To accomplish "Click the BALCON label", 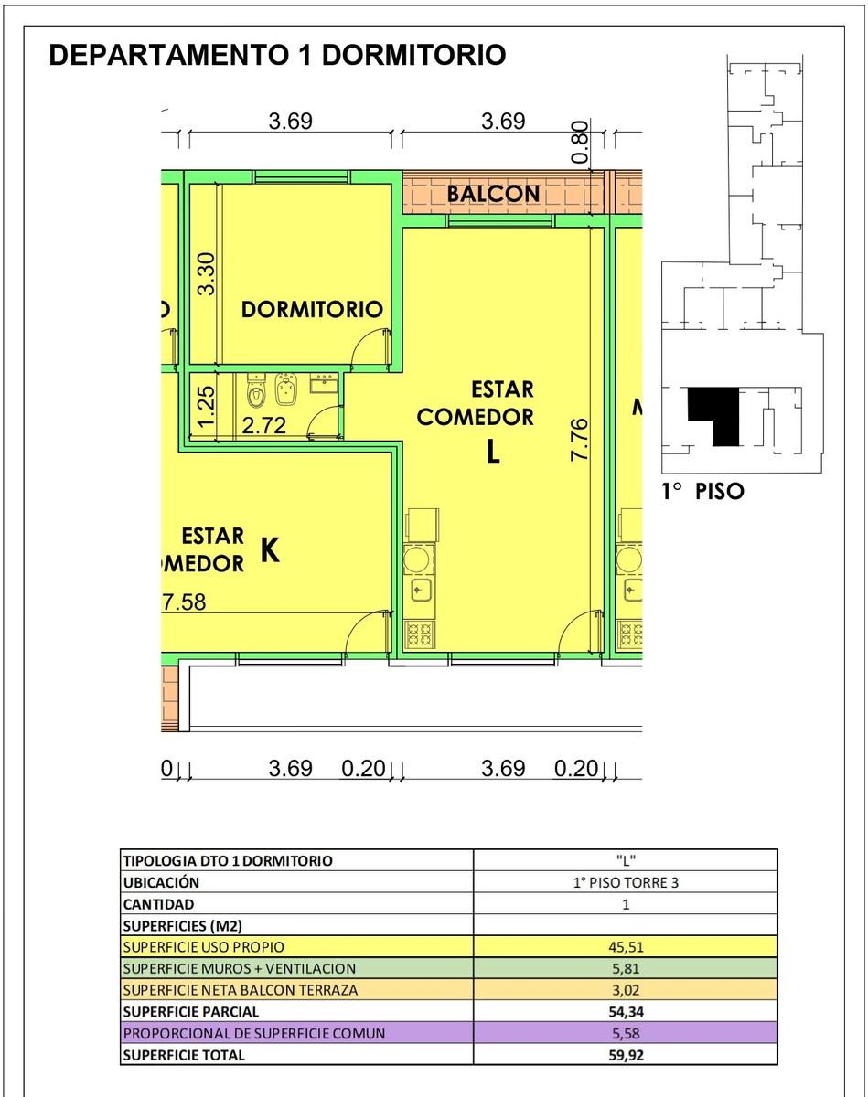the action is pyautogui.click(x=493, y=194).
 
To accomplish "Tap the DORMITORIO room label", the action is pyautogui.click(x=312, y=309).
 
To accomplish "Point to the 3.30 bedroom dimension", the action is pyautogui.click(x=207, y=273).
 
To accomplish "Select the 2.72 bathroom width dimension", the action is pyautogui.click(x=263, y=425).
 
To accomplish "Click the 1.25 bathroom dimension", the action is pyautogui.click(x=206, y=407).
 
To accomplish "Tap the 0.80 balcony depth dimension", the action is pyautogui.click(x=580, y=142).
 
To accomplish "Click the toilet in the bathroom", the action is pyautogui.click(x=255, y=391).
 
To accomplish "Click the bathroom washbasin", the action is pyautogui.click(x=324, y=383).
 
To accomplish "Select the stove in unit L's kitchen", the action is pyautogui.click(x=419, y=634).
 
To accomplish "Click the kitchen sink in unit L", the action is pyautogui.click(x=421, y=591).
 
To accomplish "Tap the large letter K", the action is pyautogui.click(x=270, y=550).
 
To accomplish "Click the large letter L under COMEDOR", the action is pyautogui.click(x=493, y=453).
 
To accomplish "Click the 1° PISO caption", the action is pyautogui.click(x=702, y=492).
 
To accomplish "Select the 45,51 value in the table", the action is pyautogui.click(x=626, y=947).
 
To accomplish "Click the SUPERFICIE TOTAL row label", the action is pyautogui.click(x=184, y=1055).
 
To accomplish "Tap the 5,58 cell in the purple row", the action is pyautogui.click(x=626, y=1033).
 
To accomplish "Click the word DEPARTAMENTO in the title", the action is pyautogui.click(x=168, y=55).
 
